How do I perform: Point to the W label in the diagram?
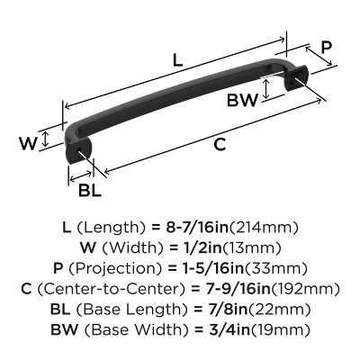(x=28, y=141)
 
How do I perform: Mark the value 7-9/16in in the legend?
(x=235, y=289)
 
